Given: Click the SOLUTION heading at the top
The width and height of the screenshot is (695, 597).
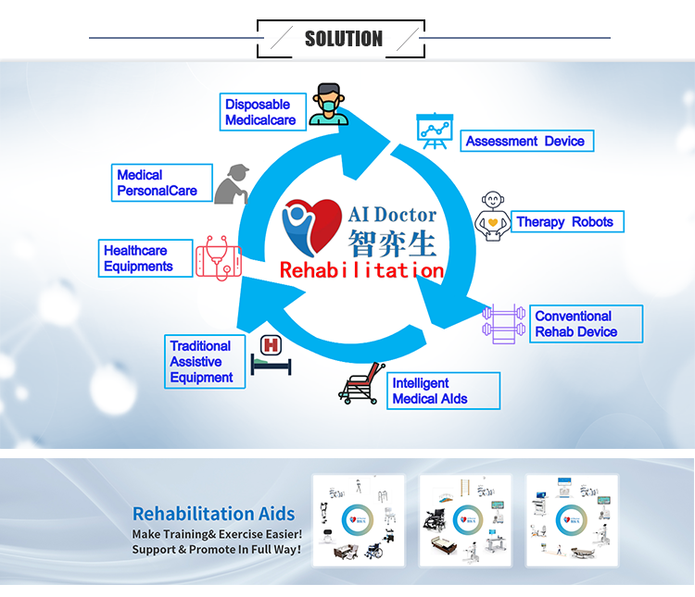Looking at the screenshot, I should point(343,38).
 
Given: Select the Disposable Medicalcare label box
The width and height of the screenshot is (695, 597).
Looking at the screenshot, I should point(260,113).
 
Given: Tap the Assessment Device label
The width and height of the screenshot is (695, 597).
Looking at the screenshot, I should point(525,142).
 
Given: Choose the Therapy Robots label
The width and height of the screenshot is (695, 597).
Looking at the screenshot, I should point(564,222).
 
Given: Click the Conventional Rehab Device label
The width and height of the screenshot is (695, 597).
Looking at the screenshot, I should point(585,324).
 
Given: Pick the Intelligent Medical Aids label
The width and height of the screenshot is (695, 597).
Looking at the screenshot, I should point(444,391).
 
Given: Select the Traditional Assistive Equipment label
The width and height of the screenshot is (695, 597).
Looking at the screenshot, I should point(204,362).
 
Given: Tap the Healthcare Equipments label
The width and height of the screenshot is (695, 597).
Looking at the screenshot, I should point(145,258).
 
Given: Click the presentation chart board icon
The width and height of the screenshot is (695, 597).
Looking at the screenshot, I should point(431,131).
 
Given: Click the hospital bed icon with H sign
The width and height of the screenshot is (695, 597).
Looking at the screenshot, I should point(271,354).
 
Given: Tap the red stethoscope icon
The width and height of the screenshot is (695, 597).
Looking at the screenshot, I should point(219,256).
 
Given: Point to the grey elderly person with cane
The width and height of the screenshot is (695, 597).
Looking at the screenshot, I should point(232,183).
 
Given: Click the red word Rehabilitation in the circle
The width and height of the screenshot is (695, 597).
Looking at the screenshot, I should point(361,270).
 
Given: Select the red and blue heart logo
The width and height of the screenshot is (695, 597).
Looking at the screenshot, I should point(311,225).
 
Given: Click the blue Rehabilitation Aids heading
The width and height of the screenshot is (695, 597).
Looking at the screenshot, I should point(213,514).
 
